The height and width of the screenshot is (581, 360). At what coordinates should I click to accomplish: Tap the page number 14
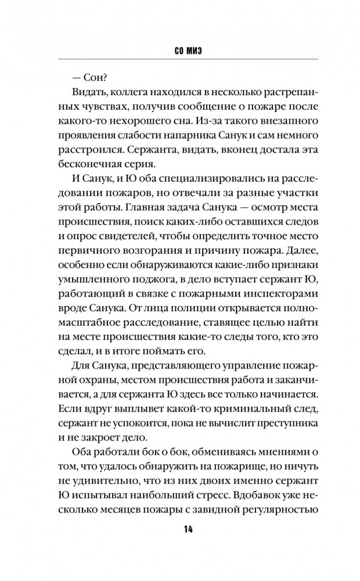pos(179,530)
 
